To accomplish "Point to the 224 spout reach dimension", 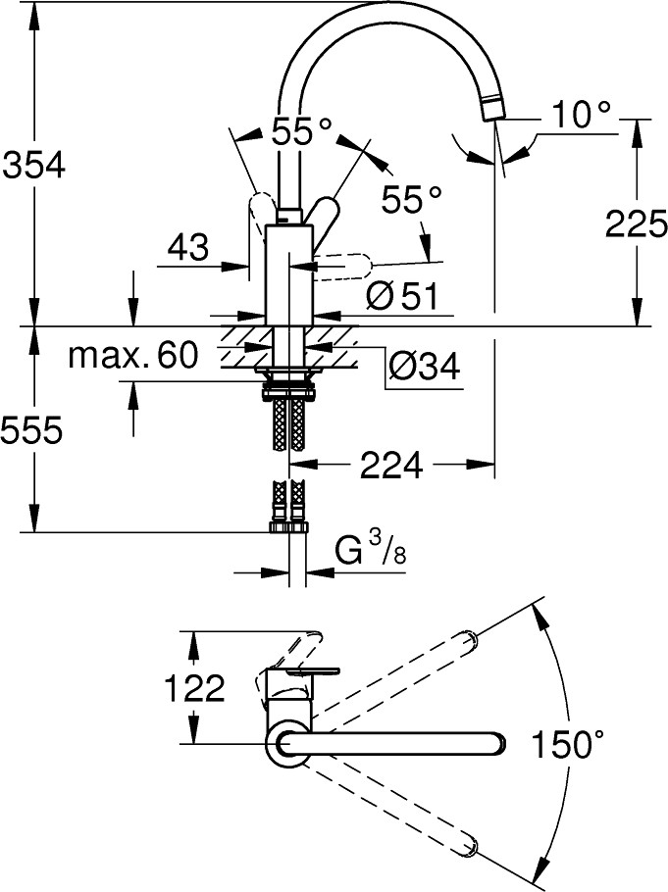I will coord(391,466).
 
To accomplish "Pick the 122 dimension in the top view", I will coord(194,689).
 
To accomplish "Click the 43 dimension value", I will coord(187,247).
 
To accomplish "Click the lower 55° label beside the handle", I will coord(412,200).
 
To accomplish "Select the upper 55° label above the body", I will coord(301,131).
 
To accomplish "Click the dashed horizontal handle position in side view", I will coord(342,264).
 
